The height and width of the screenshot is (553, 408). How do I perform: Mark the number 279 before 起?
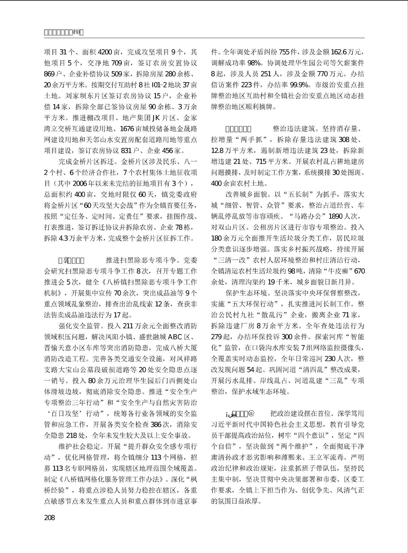216,337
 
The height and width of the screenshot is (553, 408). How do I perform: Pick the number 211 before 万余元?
128,326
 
